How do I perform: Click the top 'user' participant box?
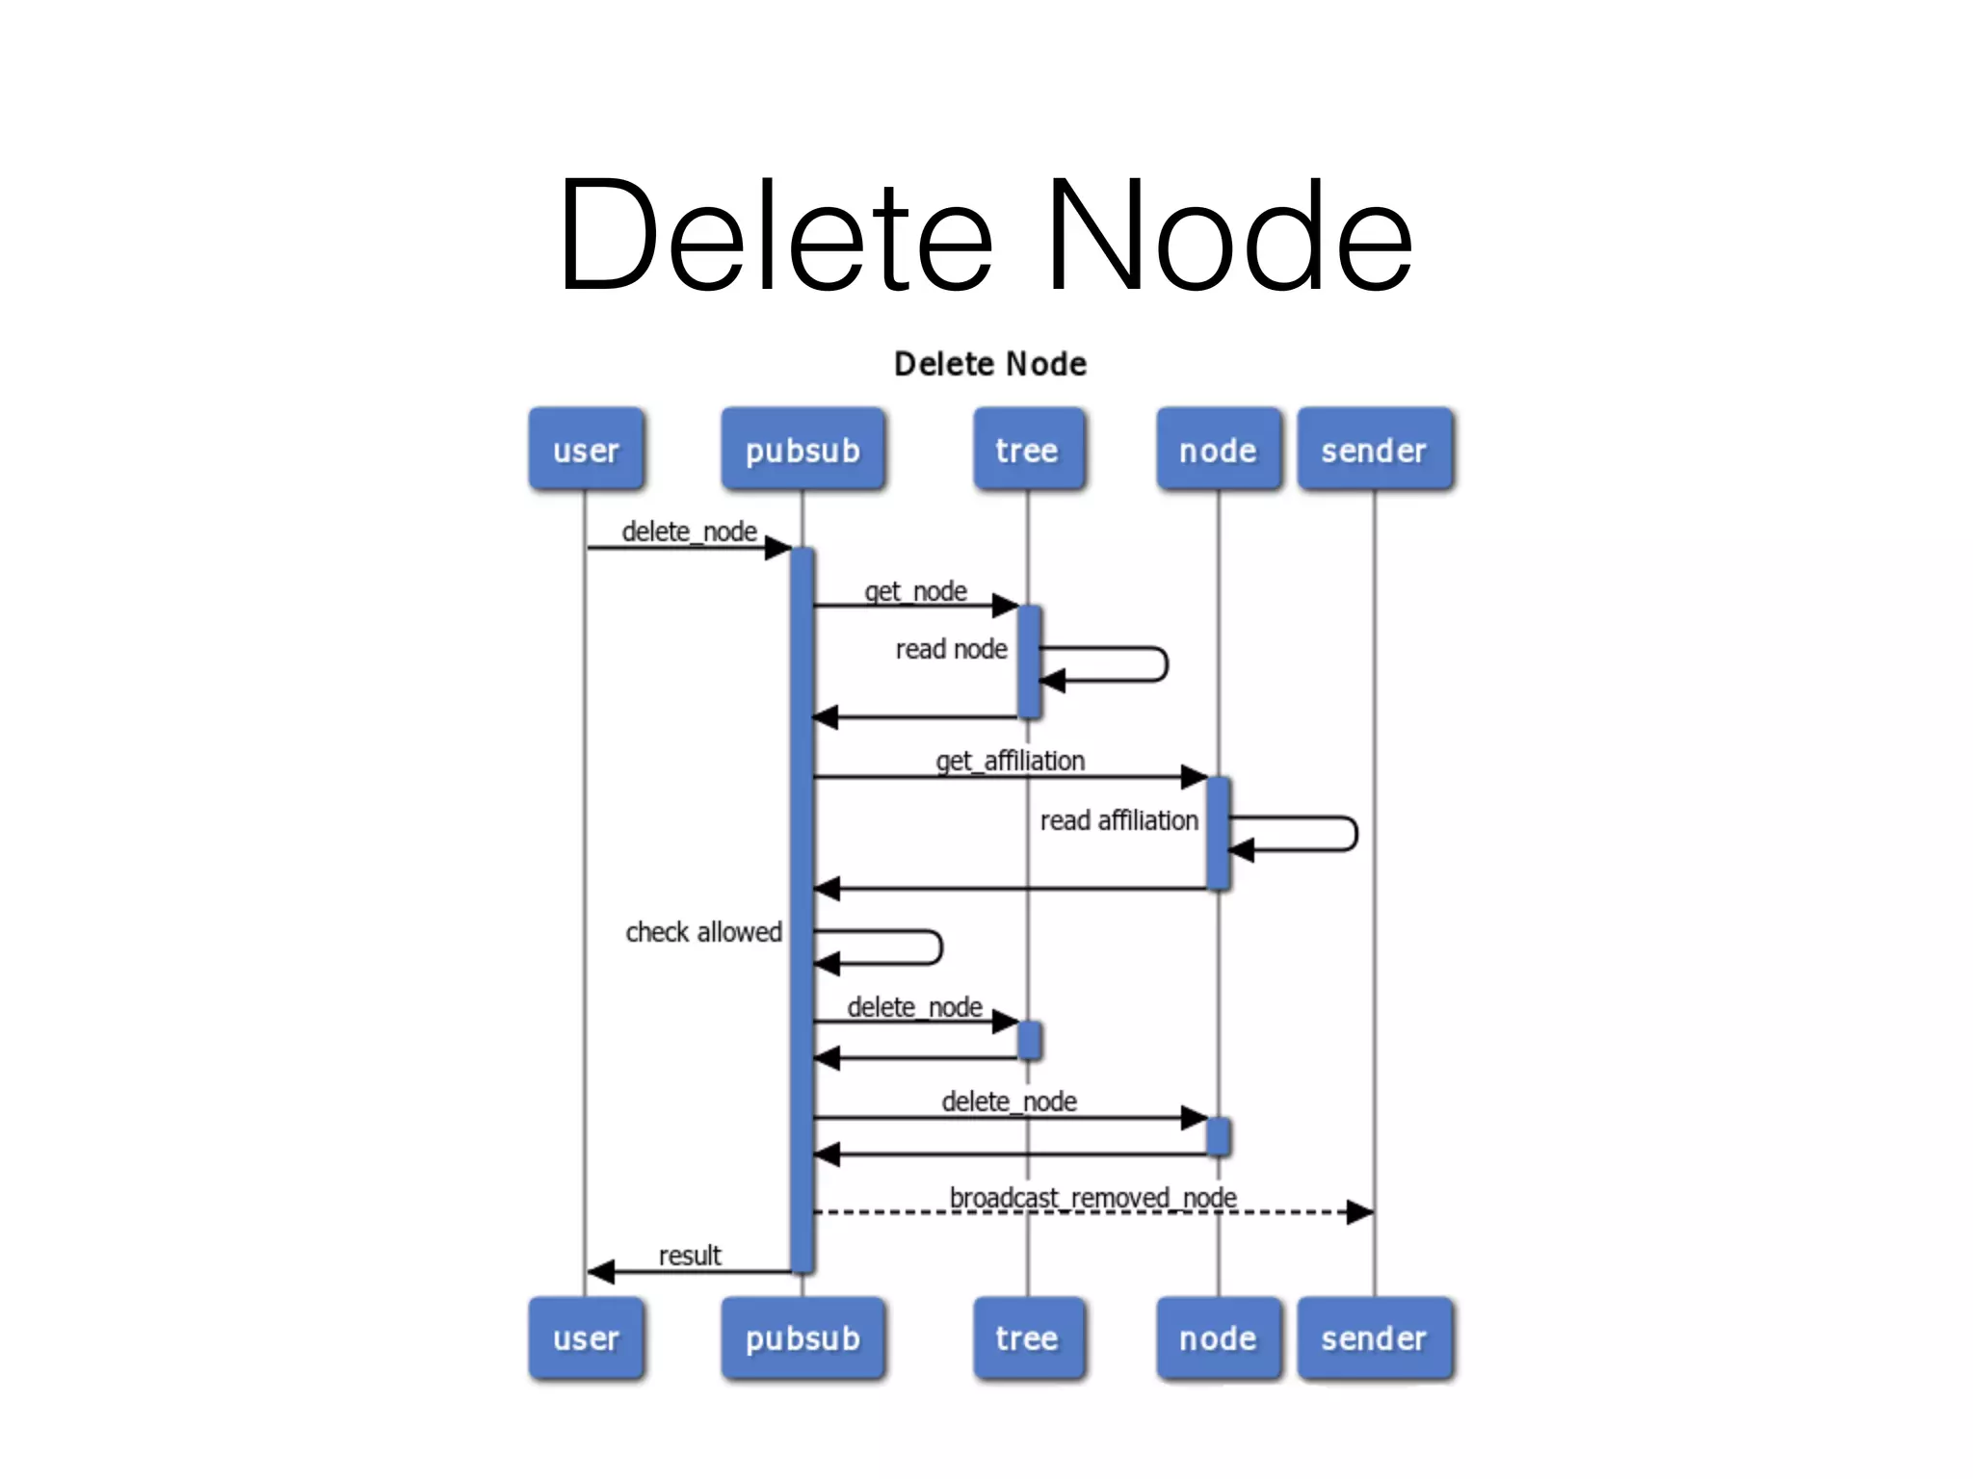[586, 450]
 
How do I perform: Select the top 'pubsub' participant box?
[802, 450]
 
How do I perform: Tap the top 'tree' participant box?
[1027, 450]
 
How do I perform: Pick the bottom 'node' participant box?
[1218, 1338]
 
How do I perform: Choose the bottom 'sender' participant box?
[1374, 1338]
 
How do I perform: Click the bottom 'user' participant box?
[586, 1338]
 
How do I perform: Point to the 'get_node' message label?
[915, 591]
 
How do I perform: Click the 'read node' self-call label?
[951, 650]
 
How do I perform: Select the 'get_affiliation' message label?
[1010, 762]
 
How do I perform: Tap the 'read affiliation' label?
[1118, 821]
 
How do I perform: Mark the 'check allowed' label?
[703, 932]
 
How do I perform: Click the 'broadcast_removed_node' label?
[1092, 1198]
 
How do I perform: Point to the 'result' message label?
[689, 1256]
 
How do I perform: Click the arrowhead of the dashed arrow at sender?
[1360, 1212]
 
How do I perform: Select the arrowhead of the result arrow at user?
[601, 1272]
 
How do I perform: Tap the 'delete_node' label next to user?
[689, 532]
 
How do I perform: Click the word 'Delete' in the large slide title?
[775, 236]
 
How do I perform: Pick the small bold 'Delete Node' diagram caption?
[990, 364]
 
